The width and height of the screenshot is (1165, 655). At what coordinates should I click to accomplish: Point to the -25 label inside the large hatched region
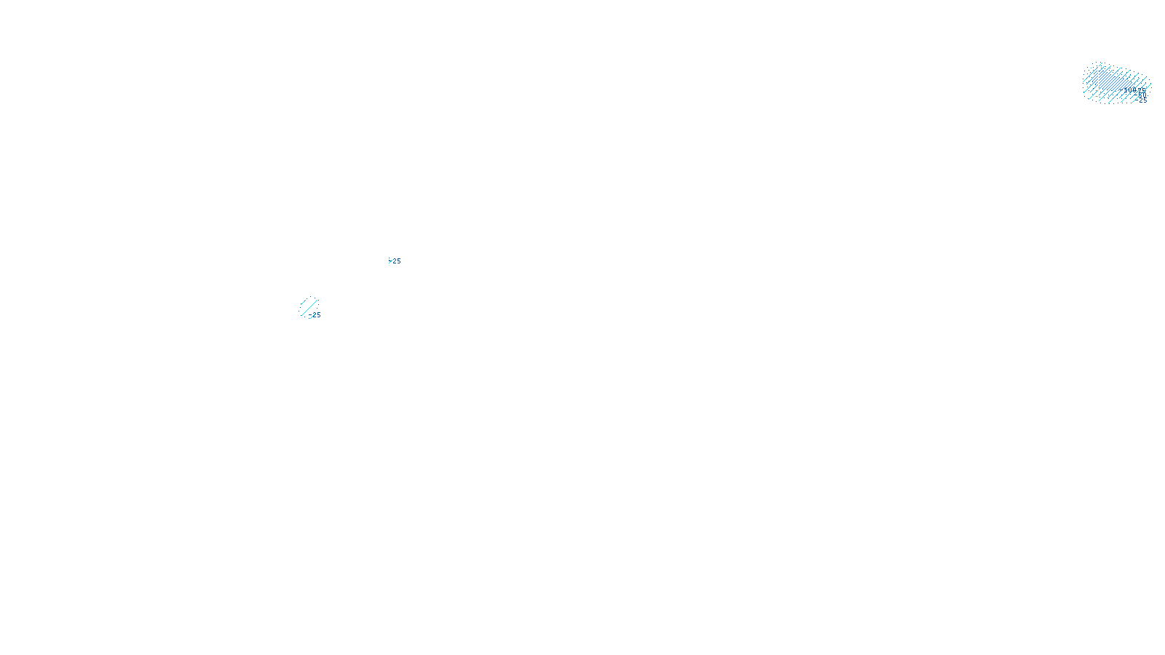[x=1142, y=100]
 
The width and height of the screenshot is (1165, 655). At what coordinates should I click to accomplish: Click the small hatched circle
[x=308, y=306]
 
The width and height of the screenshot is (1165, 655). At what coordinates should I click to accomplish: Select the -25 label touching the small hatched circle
[x=315, y=315]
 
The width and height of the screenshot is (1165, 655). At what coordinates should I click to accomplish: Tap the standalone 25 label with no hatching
[x=395, y=261]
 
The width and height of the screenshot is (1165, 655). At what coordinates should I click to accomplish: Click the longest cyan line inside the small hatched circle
[x=309, y=307]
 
